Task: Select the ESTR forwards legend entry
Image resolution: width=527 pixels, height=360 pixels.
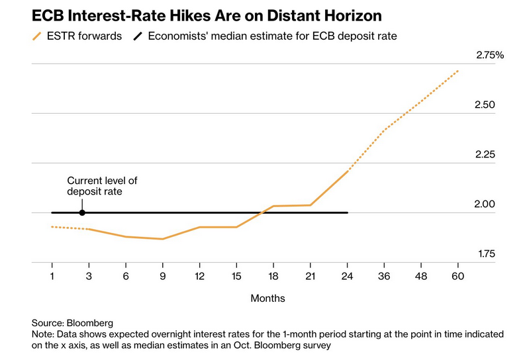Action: (77, 36)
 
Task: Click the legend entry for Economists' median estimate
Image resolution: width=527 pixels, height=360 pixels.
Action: (265, 36)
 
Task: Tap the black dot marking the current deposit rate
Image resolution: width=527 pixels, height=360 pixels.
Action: (82, 212)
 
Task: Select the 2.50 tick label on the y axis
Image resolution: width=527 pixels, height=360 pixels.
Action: (489, 105)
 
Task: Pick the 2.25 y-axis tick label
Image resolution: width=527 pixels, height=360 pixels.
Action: (489, 155)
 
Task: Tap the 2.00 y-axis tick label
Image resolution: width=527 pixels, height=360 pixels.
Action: (489, 204)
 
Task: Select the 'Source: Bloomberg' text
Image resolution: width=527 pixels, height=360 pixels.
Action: (72, 322)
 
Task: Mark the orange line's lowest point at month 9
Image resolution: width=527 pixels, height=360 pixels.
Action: (163, 239)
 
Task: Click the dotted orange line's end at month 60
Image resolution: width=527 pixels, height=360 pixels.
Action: (457, 71)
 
